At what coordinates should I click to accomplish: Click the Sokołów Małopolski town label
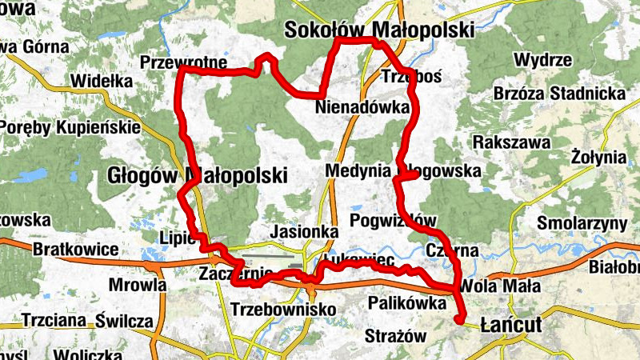point(379,30)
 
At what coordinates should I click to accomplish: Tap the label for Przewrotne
point(183,62)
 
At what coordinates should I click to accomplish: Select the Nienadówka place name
point(362,106)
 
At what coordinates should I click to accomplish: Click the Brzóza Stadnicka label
point(559,94)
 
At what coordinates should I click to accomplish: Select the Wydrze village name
point(542,60)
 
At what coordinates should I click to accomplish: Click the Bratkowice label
point(76,250)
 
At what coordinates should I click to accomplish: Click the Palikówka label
point(406,303)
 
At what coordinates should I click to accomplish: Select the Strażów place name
point(396,336)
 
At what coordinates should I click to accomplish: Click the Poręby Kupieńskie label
point(70,127)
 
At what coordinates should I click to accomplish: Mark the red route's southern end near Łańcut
point(460,321)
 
